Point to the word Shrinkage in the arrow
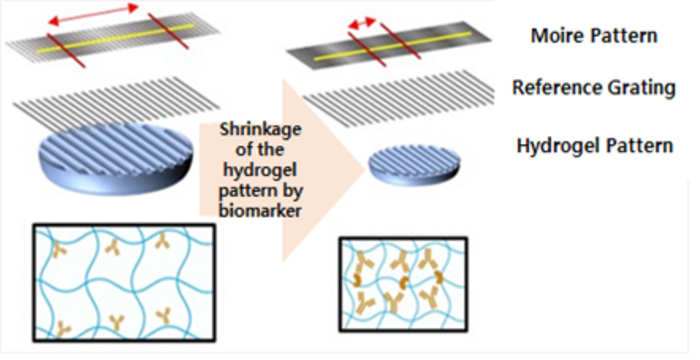pyautogui.click(x=261, y=130)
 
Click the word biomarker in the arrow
pyautogui.click(x=260, y=209)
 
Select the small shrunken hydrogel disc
pyautogui.click(x=413, y=165)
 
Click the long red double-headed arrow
pyautogui.click(x=93, y=14)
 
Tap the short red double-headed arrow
pyautogui.click(x=362, y=23)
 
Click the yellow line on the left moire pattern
pyautogui.click(x=116, y=38)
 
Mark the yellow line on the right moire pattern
pyautogui.click(x=392, y=46)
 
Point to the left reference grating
pyautogui.click(x=116, y=102)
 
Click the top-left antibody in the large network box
pyautogui.click(x=59, y=249)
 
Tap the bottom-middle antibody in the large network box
pyautogui.click(x=117, y=321)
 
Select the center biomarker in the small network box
pyautogui.click(x=404, y=282)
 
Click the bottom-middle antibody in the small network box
pyautogui.click(x=393, y=302)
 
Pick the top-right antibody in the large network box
pyautogui.click(x=162, y=241)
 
